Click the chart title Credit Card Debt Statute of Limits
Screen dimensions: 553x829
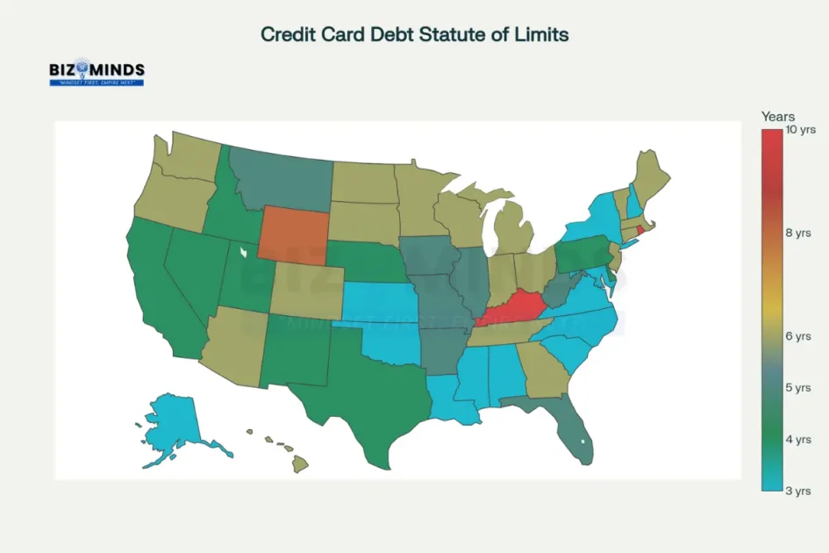point(414,34)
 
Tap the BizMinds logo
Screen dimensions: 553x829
point(96,72)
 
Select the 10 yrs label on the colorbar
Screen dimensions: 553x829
point(801,130)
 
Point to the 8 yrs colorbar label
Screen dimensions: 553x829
point(798,233)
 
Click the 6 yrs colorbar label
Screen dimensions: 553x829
point(798,336)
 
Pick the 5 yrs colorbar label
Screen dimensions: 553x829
point(798,388)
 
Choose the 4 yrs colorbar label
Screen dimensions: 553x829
point(798,439)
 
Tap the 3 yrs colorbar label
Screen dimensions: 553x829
point(798,491)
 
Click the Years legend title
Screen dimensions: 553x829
point(777,116)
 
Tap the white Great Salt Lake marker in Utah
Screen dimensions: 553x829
point(245,253)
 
